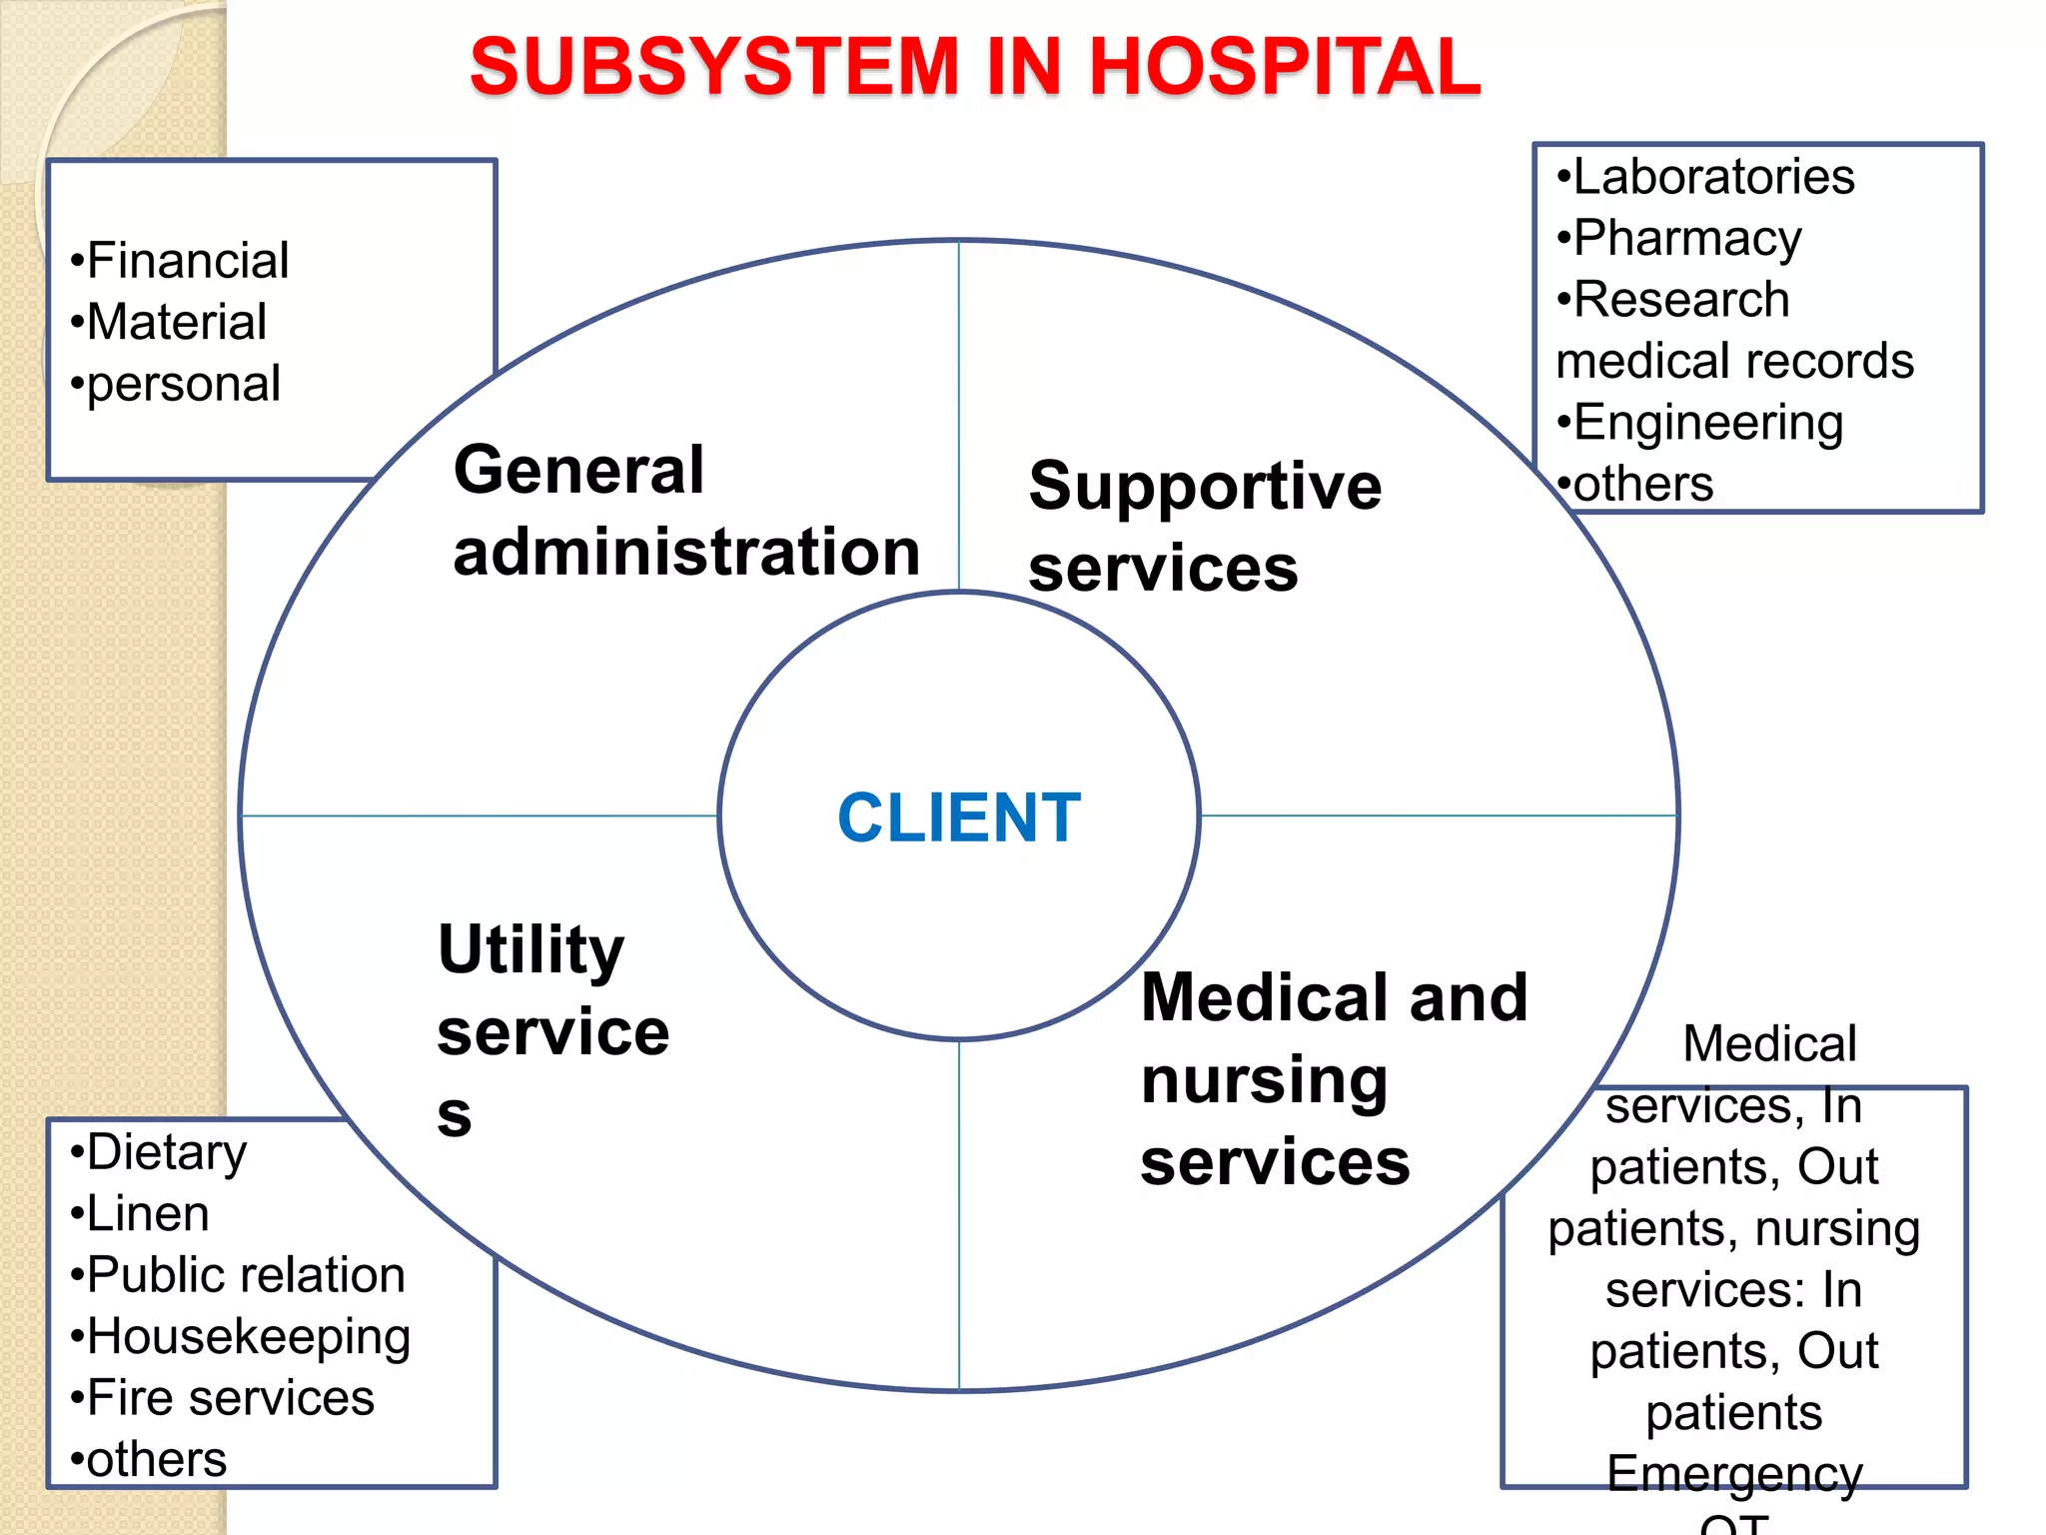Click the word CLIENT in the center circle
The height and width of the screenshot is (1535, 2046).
point(959,817)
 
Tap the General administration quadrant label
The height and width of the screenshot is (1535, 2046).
point(685,511)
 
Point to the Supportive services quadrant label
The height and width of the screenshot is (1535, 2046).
point(1205,527)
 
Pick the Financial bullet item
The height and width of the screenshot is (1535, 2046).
point(187,261)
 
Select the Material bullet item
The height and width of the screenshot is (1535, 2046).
point(176,323)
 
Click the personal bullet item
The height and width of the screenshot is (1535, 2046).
point(183,385)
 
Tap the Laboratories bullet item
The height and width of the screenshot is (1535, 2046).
point(1712,177)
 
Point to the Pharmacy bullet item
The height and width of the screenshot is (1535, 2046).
point(1686,239)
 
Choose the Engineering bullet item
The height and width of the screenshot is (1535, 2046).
point(1707,423)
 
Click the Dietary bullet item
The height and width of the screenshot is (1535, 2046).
point(166,1152)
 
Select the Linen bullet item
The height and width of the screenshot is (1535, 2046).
point(147,1214)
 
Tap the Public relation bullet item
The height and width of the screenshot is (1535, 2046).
point(245,1275)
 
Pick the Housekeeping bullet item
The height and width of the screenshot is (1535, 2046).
point(248,1337)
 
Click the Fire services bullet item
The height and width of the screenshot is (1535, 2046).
point(230,1398)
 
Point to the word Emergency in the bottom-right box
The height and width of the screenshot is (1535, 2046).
point(1734,1474)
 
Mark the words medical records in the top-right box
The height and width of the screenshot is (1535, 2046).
point(1734,361)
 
